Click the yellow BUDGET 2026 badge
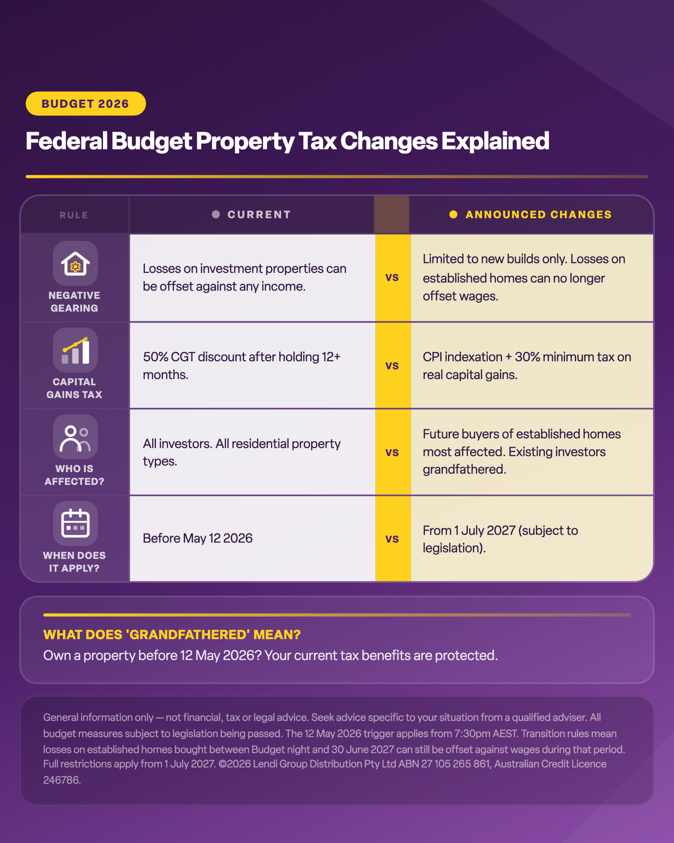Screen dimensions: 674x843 (x=86, y=103)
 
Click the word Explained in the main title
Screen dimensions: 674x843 (x=495, y=141)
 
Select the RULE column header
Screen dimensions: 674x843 (x=74, y=215)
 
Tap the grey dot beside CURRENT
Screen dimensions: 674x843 (x=216, y=214)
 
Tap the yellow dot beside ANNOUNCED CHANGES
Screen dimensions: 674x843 (x=453, y=214)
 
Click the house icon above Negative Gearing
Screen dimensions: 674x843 (x=75, y=263)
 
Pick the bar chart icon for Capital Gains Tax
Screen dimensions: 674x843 (x=75, y=350)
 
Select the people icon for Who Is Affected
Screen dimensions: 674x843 (x=75, y=437)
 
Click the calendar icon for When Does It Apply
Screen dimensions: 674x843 (x=75, y=524)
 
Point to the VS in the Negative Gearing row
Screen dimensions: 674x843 (x=392, y=277)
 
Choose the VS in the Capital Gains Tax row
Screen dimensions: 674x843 (x=392, y=366)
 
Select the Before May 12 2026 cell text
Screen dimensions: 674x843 (x=198, y=538)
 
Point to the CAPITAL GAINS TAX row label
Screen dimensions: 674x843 (x=74, y=388)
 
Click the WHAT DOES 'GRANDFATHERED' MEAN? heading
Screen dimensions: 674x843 (x=172, y=635)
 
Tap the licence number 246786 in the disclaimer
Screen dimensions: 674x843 (x=62, y=780)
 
